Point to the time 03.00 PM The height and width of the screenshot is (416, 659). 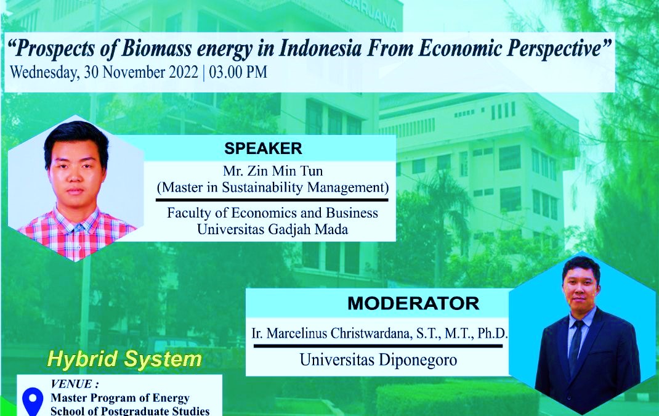(x=238, y=72)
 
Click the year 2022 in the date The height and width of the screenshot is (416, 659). (x=184, y=72)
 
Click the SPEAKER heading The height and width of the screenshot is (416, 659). (x=263, y=149)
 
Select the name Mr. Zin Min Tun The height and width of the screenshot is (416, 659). (x=273, y=171)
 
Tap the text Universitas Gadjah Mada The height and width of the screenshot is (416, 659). (x=273, y=229)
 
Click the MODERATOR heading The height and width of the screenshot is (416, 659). (x=413, y=303)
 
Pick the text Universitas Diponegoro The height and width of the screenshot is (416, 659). (x=378, y=360)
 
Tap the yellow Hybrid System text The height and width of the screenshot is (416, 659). (x=124, y=359)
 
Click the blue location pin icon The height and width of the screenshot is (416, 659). (x=33, y=402)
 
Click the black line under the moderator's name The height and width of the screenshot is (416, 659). (x=378, y=346)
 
